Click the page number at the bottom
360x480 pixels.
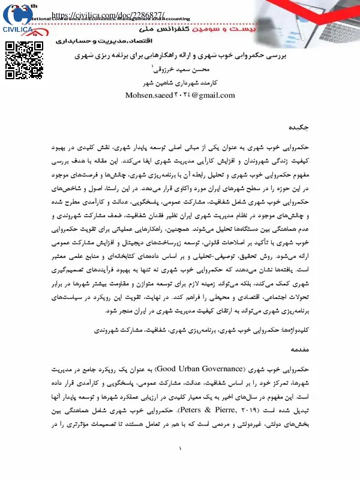click(x=180, y=466)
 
